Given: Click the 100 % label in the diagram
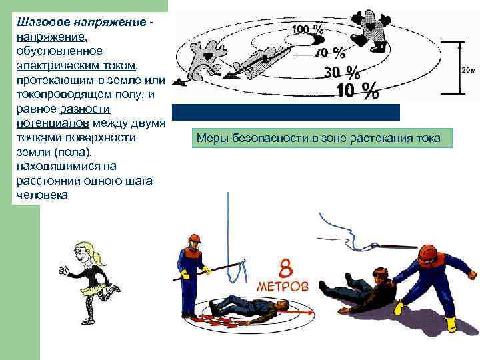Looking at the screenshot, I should click(308, 29).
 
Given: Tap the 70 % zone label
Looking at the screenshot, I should click(329, 52).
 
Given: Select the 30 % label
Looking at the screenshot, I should click(341, 72).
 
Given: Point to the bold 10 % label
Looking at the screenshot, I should click(357, 90).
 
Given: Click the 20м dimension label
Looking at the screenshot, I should click(468, 69).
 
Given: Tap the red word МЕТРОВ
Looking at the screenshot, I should click(284, 287).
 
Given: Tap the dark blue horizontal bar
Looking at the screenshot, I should click(286, 112).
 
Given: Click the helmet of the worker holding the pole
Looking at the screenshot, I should click(194, 239).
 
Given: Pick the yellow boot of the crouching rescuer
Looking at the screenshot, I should click(451, 325).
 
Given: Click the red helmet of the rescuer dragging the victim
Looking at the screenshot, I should click(427, 254).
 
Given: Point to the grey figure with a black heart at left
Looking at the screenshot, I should click(203, 57).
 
